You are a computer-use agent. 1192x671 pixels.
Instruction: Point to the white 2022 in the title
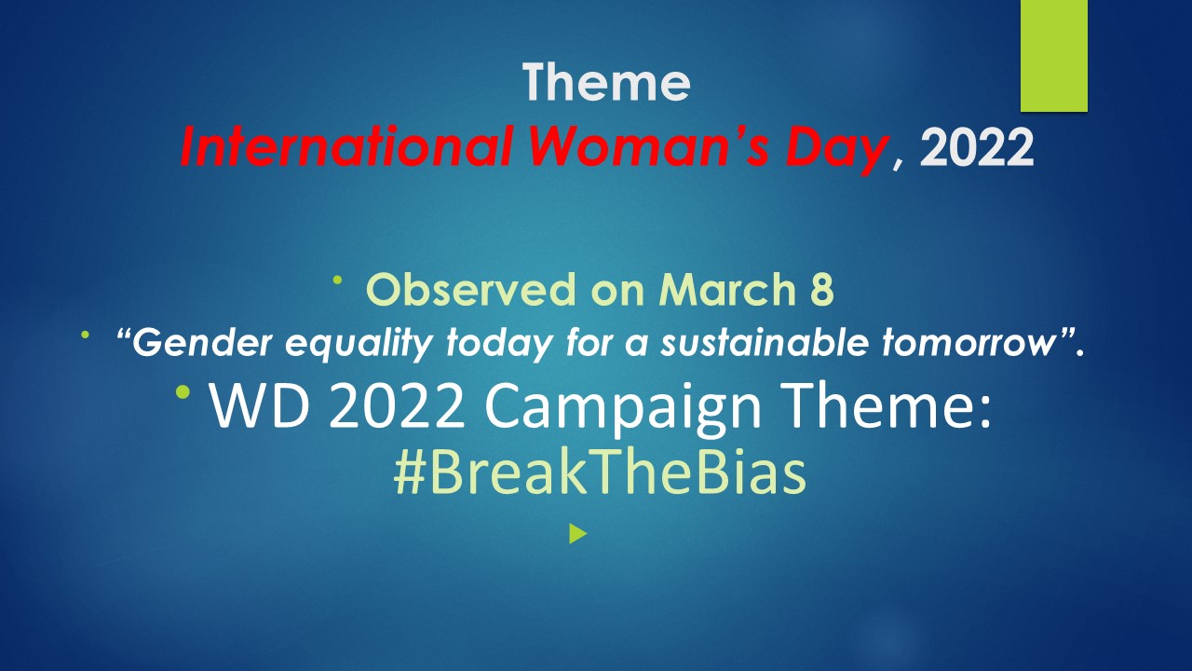tap(977, 148)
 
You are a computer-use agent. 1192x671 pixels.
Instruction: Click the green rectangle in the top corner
tap(1054, 56)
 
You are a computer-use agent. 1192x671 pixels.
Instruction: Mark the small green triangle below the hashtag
tap(578, 534)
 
